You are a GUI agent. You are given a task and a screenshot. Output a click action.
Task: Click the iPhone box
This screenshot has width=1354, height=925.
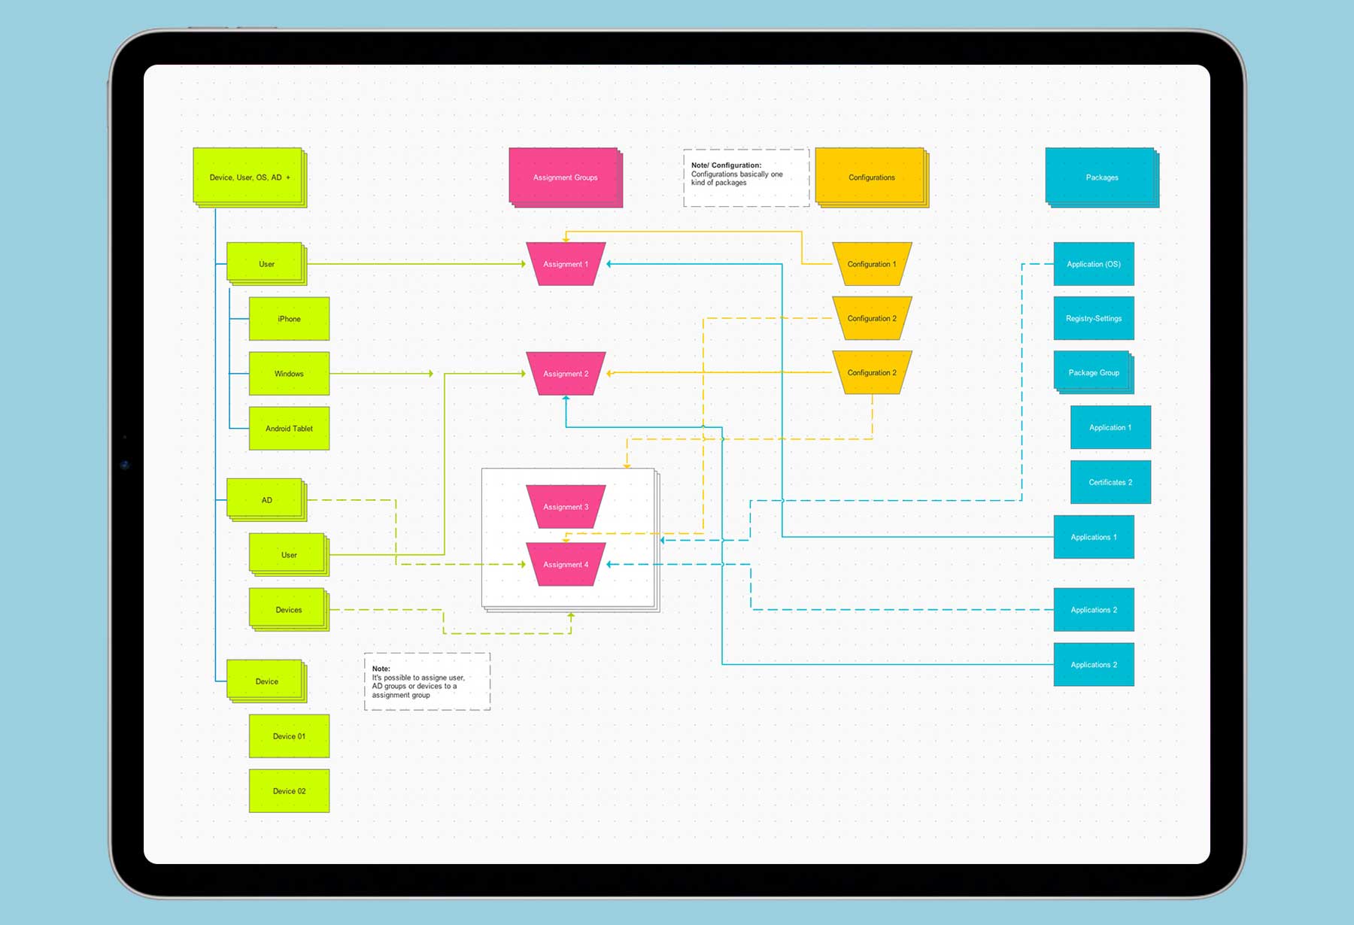pyautogui.click(x=289, y=319)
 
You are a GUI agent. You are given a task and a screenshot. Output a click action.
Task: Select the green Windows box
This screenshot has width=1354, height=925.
pyautogui.click(x=289, y=374)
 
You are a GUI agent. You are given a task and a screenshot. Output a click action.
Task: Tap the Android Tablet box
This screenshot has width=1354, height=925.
pyautogui.click(x=289, y=429)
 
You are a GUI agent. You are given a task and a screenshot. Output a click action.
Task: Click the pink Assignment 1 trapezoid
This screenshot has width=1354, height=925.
pyautogui.click(x=566, y=264)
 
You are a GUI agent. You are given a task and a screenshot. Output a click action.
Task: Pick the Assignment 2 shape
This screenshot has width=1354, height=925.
pyautogui.click(x=566, y=374)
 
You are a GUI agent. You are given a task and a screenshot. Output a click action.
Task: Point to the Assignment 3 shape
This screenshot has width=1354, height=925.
pyautogui.click(x=566, y=507)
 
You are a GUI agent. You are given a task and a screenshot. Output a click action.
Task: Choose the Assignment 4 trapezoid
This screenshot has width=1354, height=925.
pyautogui.click(x=566, y=565)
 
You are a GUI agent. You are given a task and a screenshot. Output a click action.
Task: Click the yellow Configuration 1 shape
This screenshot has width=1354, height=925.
pyautogui.click(x=872, y=264)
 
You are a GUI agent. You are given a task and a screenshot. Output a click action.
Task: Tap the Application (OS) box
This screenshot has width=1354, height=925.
pyautogui.click(x=1094, y=264)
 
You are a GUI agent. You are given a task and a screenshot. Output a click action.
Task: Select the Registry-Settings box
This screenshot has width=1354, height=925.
pyautogui.click(x=1094, y=318)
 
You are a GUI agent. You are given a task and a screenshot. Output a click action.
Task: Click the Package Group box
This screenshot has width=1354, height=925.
pyautogui.click(x=1094, y=372)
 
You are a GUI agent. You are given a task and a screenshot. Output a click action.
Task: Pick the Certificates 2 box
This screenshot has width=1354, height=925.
pyautogui.click(x=1110, y=482)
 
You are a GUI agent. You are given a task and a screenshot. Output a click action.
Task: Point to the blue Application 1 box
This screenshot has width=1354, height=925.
pyautogui.click(x=1110, y=427)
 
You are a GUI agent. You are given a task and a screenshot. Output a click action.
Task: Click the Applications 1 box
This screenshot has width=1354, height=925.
pyautogui.click(x=1094, y=537)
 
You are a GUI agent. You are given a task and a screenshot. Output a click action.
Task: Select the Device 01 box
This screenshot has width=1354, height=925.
pyautogui.click(x=289, y=736)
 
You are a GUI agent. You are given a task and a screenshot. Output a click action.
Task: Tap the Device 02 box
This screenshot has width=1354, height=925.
pyautogui.click(x=289, y=791)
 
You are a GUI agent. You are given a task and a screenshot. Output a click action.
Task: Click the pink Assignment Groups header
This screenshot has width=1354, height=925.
pyautogui.click(x=565, y=177)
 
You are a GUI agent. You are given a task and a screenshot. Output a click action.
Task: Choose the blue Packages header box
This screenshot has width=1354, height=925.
pyautogui.click(x=1101, y=177)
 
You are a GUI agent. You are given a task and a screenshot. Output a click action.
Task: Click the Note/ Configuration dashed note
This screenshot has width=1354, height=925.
pyautogui.click(x=745, y=177)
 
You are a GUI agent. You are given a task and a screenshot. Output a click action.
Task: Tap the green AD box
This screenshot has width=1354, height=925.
pyautogui.click(x=266, y=500)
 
